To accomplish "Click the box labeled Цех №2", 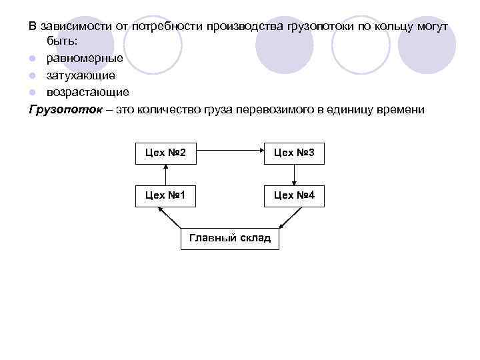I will pyautogui.click(x=165, y=153).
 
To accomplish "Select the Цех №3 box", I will pyautogui.click(x=294, y=153).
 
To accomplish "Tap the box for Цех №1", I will pyautogui.click(x=165, y=195).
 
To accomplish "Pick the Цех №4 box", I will pyautogui.click(x=294, y=195).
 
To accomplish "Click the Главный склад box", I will pyautogui.click(x=230, y=238).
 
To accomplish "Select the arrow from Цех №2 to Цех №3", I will pyautogui.click(x=229, y=153).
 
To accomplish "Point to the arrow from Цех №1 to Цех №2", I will pyautogui.click(x=165, y=174).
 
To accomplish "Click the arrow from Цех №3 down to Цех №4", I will pyautogui.click(x=294, y=174).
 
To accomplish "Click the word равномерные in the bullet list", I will pyautogui.click(x=84, y=59).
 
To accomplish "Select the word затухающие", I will pyautogui.click(x=81, y=75).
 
